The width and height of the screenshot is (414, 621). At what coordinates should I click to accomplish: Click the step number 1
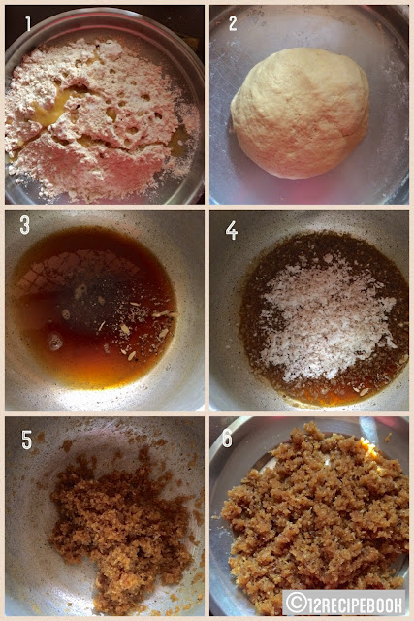tap(28, 23)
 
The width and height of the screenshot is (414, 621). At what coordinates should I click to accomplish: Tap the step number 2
tap(233, 23)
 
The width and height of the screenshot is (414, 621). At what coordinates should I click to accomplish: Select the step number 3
tap(24, 225)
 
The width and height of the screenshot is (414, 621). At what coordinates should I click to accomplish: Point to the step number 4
tap(231, 230)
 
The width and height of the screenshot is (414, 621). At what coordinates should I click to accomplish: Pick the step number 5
tap(26, 440)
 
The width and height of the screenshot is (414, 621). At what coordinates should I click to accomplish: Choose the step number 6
tap(227, 438)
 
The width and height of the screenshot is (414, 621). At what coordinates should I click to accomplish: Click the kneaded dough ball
tap(300, 113)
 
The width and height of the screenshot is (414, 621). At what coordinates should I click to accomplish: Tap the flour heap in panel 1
tap(99, 118)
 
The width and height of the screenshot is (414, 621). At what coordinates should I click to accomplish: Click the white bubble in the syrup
tap(55, 341)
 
